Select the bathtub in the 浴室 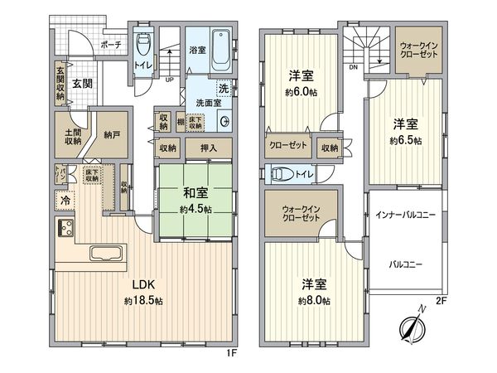(221, 51)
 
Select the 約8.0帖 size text (314, 299)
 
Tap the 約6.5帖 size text (407, 141)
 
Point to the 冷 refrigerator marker (64, 199)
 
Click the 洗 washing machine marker (224, 89)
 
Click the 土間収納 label (68, 134)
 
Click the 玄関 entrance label (81, 83)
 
